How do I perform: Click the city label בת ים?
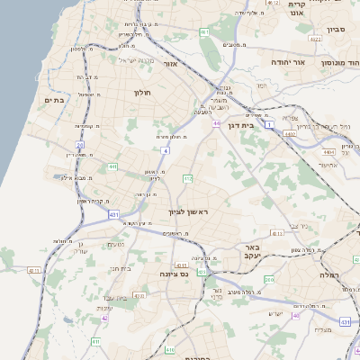point(53,100)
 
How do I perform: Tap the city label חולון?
point(142,93)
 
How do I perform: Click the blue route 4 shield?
point(166,150)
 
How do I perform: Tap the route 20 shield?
point(79,145)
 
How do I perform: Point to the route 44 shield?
point(217,123)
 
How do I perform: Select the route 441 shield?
point(112,166)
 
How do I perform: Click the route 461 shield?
point(205,32)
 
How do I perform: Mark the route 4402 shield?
point(290,133)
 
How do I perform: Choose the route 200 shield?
point(269,280)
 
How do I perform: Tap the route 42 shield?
point(105,317)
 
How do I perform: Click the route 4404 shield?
point(328,153)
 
